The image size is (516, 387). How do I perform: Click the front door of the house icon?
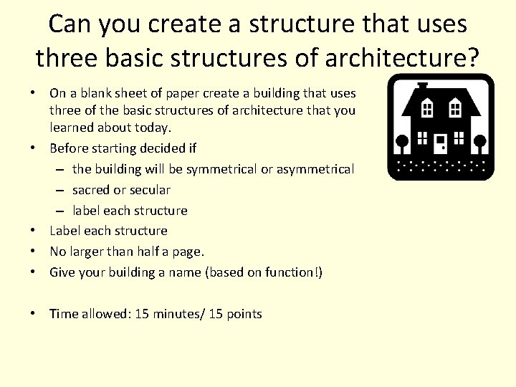[441, 142]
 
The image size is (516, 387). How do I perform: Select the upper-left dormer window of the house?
[427, 109]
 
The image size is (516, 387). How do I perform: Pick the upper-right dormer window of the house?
[454, 109]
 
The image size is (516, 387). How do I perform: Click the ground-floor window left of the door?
[422, 139]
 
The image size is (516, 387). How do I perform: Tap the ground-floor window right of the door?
[459, 139]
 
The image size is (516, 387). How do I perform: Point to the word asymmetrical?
[312, 170]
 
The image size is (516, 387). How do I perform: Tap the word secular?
[150, 190]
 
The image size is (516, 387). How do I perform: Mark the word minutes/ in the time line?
[179, 314]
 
